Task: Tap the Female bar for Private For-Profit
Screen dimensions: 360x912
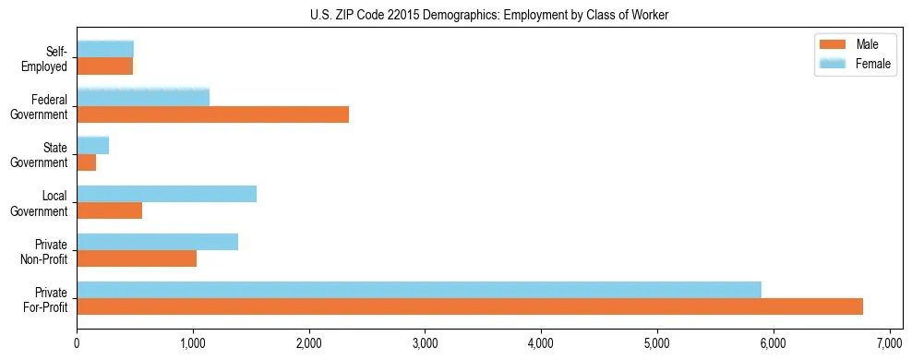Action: [x=419, y=289]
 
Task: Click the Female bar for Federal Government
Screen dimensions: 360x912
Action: [x=143, y=97]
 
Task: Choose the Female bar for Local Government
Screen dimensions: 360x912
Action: [x=167, y=194]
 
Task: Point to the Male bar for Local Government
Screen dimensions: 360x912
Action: [x=110, y=210]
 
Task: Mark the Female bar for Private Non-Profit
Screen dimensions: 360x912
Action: [x=158, y=242]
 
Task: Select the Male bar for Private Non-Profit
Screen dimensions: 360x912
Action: [x=137, y=258]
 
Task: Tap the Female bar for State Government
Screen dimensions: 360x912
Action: [x=93, y=145]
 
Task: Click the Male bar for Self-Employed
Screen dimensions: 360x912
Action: [x=105, y=66]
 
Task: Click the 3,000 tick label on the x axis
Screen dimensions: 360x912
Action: [x=425, y=343]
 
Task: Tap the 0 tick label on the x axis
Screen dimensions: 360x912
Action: [x=78, y=343]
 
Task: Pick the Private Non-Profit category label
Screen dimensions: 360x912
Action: [x=47, y=250]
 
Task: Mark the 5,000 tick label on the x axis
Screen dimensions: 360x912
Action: [x=657, y=343]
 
